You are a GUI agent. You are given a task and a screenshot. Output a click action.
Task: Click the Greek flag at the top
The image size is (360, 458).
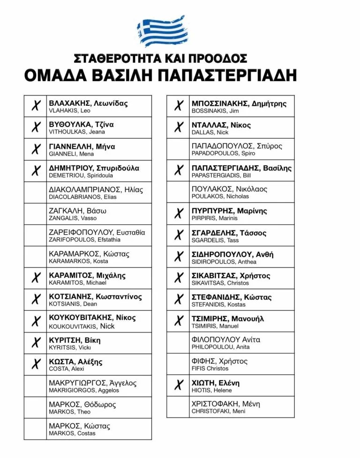[x=161, y=31]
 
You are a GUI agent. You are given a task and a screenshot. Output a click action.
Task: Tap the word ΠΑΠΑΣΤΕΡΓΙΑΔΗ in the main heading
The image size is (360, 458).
[x=233, y=75]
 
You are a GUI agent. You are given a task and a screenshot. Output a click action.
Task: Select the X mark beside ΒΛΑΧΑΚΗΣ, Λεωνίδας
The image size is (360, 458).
[x=36, y=106]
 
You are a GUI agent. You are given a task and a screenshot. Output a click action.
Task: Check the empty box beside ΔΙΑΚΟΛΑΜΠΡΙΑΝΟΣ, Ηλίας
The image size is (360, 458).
[x=36, y=192]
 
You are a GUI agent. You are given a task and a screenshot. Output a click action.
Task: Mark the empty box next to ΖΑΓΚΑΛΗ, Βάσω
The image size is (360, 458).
[x=36, y=214]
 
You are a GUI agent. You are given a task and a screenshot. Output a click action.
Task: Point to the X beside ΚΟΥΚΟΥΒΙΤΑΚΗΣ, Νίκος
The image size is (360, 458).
[x=36, y=322]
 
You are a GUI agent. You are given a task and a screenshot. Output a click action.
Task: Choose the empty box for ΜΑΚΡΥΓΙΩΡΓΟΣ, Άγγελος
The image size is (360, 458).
[x=36, y=386]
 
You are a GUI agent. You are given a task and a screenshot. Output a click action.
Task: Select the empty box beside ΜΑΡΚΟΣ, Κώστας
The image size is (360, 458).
[x=36, y=429]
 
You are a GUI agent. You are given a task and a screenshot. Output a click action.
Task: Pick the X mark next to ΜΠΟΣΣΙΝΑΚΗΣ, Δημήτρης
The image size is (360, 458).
[x=178, y=106]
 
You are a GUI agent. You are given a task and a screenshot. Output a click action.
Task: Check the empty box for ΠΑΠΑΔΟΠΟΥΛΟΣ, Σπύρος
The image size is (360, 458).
[x=178, y=149]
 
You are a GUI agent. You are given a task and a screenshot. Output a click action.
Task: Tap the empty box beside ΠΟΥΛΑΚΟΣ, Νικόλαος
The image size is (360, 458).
[x=178, y=192]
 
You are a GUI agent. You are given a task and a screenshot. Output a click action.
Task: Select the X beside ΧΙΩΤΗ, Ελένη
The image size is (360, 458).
[x=178, y=386]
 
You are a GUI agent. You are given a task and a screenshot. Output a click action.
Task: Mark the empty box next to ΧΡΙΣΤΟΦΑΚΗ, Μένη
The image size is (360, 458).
[x=178, y=407]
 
